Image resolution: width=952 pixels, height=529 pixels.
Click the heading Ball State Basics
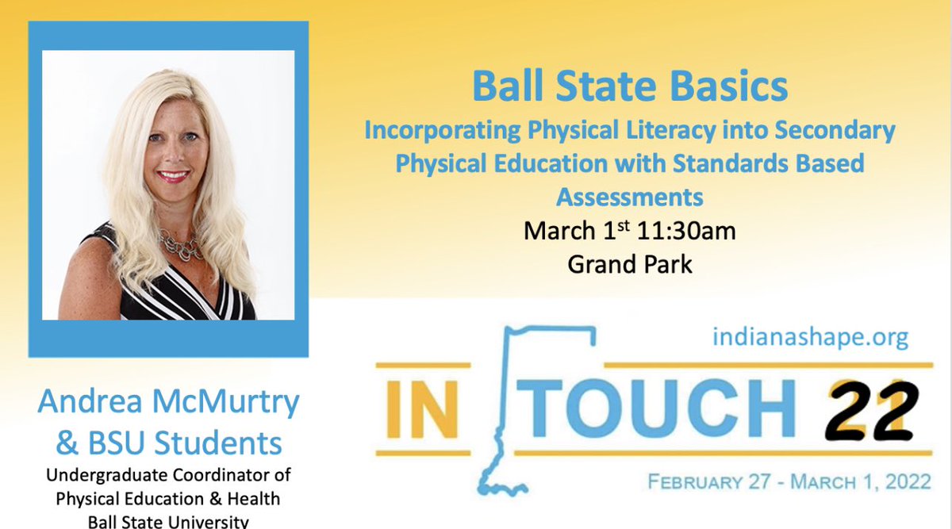(x=630, y=88)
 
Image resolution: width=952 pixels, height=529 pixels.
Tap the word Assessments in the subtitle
(x=630, y=194)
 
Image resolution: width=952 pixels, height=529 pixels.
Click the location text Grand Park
(x=630, y=263)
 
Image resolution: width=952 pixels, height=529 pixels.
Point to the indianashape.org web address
(x=810, y=338)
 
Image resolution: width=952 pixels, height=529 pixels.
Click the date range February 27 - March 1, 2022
(x=789, y=481)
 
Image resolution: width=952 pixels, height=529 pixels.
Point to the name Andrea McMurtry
(x=169, y=404)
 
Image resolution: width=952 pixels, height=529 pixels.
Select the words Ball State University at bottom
(x=169, y=521)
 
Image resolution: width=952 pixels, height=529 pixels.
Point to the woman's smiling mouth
(x=173, y=176)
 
